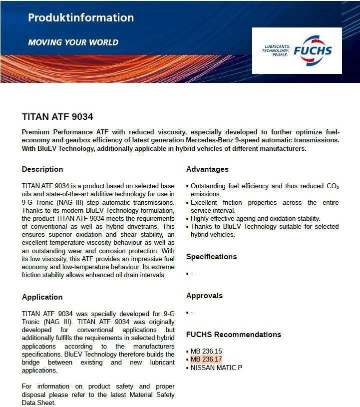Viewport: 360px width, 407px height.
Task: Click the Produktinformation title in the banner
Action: coord(81,18)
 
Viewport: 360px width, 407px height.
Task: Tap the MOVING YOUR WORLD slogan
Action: coord(73,42)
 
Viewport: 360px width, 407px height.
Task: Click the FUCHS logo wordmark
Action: coord(313,50)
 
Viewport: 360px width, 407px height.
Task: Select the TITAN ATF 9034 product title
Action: coord(57,117)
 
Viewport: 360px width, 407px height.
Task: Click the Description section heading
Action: coord(42,169)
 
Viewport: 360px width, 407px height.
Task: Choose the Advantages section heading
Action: coord(207,169)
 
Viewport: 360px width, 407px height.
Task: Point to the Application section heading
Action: coord(42,297)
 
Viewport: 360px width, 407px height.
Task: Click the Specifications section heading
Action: coord(211,257)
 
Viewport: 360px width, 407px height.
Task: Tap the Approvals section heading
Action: coord(204,296)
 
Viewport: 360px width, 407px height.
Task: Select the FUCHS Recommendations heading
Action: coord(233,335)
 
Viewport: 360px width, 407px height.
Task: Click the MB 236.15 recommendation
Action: coord(206,351)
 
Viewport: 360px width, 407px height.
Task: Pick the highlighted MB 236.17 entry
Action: coord(206,360)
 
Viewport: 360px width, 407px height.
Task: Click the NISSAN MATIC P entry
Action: coord(216,368)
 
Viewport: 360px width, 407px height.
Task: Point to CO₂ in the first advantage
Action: coord(333,186)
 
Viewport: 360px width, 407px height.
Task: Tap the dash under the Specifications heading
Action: coord(192,274)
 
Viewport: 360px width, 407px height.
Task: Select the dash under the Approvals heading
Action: coord(192,313)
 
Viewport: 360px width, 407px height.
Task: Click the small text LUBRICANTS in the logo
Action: coord(276,46)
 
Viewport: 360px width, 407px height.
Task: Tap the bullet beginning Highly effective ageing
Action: coord(255,219)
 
